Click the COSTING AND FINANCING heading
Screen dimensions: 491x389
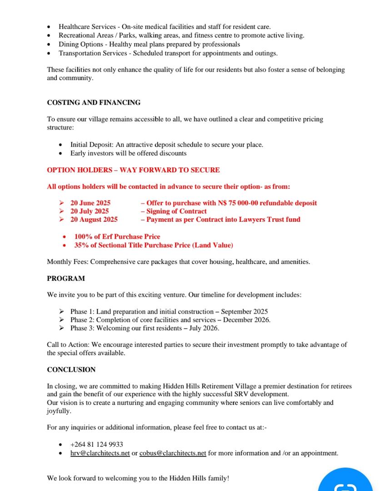click(94, 103)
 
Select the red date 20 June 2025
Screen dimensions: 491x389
click(90, 203)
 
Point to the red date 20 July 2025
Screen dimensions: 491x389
click(90, 211)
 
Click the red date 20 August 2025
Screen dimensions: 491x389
click(94, 219)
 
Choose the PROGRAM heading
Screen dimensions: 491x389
click(66, 278)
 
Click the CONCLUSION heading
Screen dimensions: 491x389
click(71, 370)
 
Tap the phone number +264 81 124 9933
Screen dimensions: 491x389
click(96, 444)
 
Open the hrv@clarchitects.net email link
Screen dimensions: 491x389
click(100, 453)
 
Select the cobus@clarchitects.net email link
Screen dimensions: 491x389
click(173, 453)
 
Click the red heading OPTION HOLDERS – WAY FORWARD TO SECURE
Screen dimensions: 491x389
click(133, 170)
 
